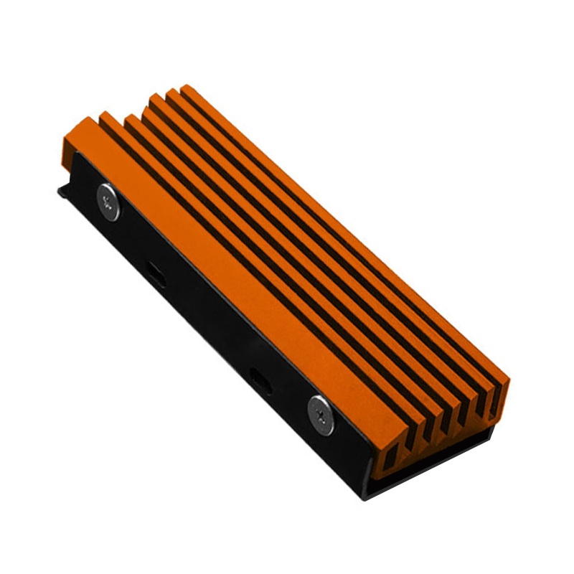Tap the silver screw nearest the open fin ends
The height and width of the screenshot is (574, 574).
coord(320,415)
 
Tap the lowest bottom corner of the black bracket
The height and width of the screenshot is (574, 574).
coord(365,496)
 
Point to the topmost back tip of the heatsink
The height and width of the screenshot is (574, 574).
coord(188,87)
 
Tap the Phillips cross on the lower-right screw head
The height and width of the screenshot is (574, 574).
coord(320,415)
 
